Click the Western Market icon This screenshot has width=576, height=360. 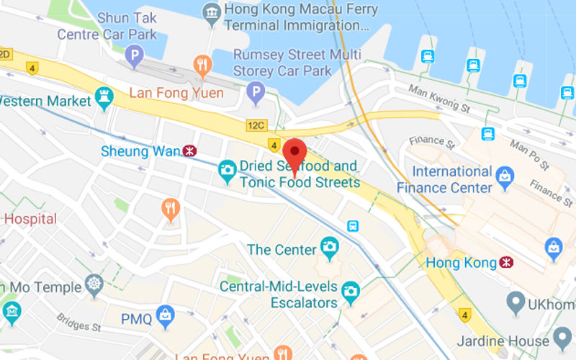105,100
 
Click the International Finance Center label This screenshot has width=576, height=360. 452,180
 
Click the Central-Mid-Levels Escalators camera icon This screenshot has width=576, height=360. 351,291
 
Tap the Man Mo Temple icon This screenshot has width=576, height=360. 94,286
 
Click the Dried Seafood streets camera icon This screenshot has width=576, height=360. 228,171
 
